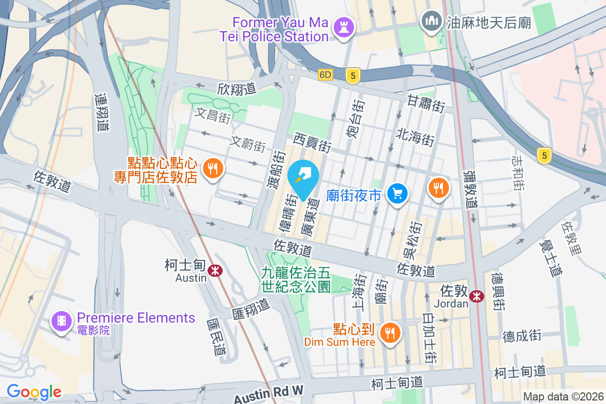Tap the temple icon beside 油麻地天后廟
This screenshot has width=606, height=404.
click(x=431, y=21)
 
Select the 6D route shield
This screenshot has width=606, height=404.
click(x=326, y=75)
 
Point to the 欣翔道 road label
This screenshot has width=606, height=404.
click(x=237, y=89)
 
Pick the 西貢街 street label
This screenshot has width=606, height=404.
click(x=313, y=142)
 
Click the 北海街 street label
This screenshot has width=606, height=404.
click(x=416, y=136)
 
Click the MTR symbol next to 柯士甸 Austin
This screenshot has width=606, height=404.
click(x=216, y=270)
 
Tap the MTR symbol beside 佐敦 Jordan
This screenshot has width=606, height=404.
click(x=476, y=296)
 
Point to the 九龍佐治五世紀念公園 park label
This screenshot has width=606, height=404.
click(x=296, y=280)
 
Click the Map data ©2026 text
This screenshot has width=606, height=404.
click(x=564, y=397)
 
